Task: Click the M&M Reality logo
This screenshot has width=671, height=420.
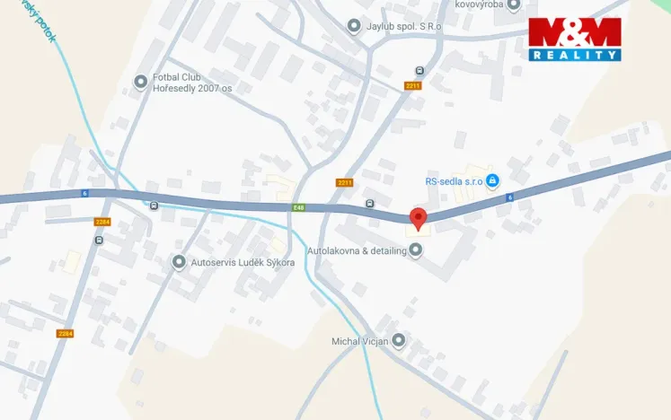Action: [575, 39]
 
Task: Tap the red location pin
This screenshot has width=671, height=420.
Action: [418, 218]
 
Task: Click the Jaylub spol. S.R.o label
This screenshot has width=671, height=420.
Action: [404, 26]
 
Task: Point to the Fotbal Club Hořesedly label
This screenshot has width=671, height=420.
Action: [192, 83]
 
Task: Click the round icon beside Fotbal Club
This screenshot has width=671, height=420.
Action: [140, 83]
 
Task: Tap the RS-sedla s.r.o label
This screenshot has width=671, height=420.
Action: [455, 180]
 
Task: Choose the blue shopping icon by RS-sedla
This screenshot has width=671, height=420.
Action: [492, 180]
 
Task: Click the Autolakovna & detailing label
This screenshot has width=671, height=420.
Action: [357, 250]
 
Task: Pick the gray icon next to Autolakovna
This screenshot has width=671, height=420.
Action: [415, 250]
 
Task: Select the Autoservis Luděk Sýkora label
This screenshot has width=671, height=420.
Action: [243, 262]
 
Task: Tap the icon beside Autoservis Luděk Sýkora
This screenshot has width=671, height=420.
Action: [179, 262]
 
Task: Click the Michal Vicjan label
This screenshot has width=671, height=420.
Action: [359, 341]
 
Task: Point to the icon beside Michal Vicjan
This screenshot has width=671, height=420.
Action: [399, 340]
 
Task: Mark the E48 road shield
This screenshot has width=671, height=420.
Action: [298, 207]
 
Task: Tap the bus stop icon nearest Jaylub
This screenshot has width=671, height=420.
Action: [419, 71]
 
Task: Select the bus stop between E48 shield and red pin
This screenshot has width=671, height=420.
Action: [370, 204]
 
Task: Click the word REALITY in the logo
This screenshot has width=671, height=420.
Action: [575, 56]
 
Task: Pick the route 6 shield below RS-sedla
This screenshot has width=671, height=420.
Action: [509, 197]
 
